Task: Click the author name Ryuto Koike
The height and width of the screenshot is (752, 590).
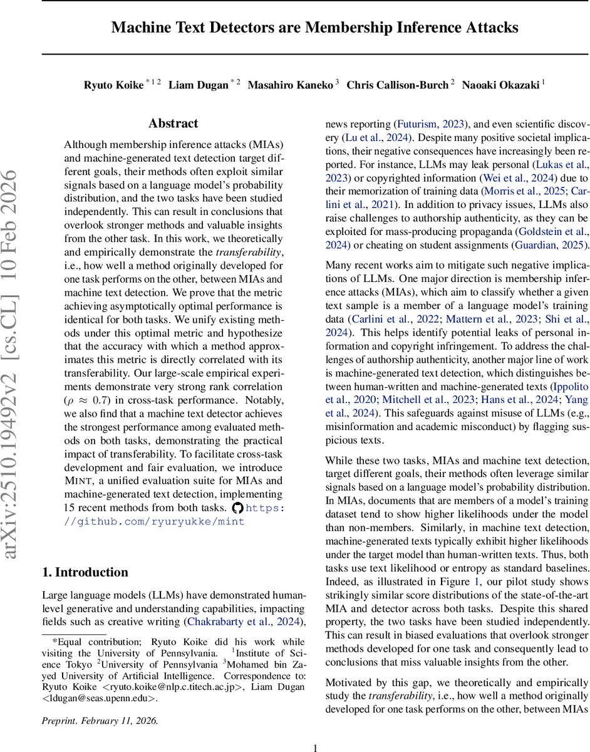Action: click(113, 85)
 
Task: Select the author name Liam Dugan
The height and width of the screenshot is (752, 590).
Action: click(199, 85)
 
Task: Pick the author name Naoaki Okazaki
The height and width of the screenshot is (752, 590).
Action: click(500, 85)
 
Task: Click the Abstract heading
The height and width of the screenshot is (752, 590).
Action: click(173, 123)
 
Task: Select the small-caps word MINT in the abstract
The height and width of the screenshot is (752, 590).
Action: click(78, 481)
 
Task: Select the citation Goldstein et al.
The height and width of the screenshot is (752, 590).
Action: click(549, 231)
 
